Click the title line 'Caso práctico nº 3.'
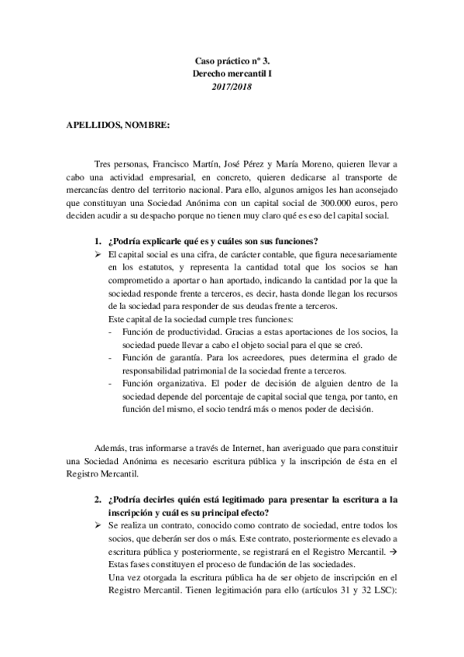tap(232, 59)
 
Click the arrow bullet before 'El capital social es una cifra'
tap(98, 254)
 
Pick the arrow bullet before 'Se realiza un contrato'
tap(98, 525)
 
